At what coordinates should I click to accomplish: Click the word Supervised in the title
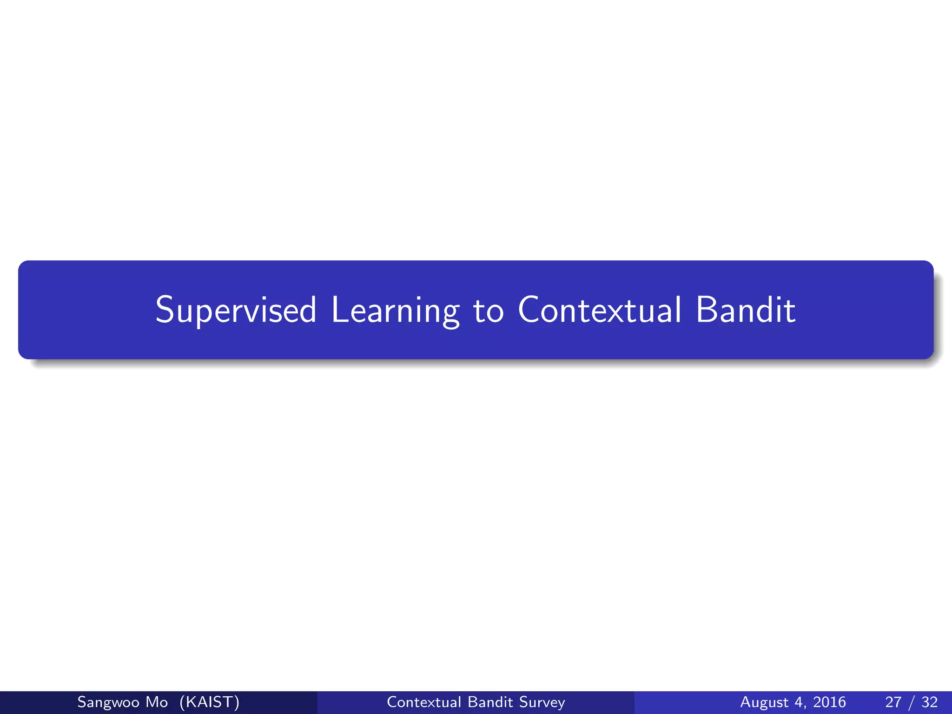(236, 310)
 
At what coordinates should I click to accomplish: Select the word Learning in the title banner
(395, 310)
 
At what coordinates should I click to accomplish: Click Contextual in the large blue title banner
(600, 310)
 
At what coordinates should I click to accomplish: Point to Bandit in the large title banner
(745, 310)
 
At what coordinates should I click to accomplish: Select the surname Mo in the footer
(156, 702)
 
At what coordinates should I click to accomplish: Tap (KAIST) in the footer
(209, 702)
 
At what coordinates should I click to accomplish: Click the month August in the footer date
(764, 702)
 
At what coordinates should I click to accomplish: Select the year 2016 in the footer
(829, 702)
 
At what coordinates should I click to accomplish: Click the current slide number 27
(893, 702)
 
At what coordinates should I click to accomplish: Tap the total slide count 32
(929, 702)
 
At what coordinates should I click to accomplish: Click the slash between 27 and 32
(912, 702)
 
